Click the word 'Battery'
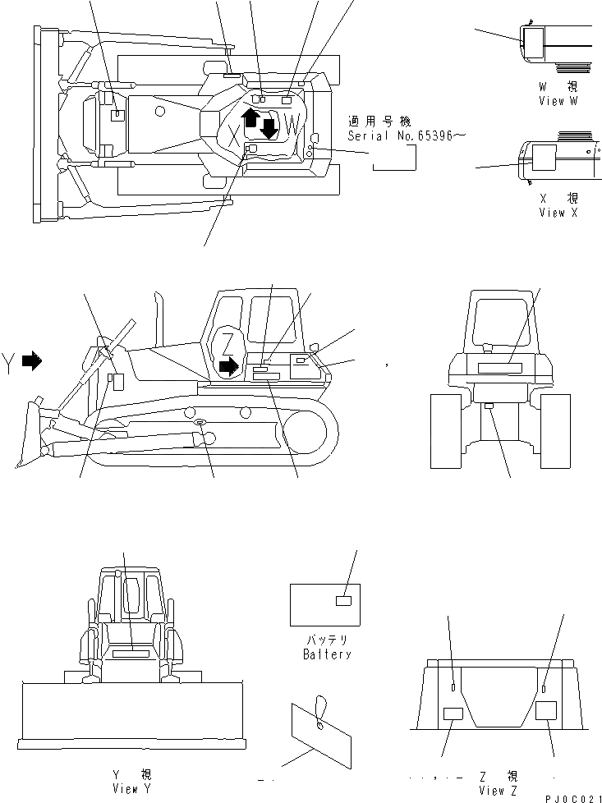click(x=326, y=654)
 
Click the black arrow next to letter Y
click(x=31, y=360)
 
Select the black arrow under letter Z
click(x=231, y=365)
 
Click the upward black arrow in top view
click(x=252, y=117)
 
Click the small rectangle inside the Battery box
click(x=343, y=602)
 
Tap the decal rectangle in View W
click(x=533, y=42)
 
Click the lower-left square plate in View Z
click(x=453, y=714)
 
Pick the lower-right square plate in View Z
click(x=545, y=710)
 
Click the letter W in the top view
click(x=294, y=125)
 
